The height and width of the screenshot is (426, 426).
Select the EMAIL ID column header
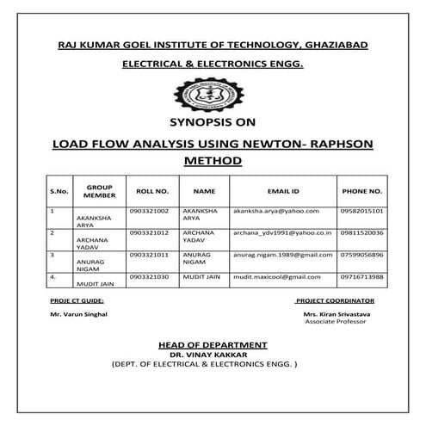[x=283, y=190]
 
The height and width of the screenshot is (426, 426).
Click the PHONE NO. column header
[x=362, y=190]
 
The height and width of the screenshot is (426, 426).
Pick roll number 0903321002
[x=149, y=211]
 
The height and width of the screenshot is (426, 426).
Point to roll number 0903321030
[x=149, y=276]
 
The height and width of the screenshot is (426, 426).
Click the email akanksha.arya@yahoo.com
[x=275, y=211]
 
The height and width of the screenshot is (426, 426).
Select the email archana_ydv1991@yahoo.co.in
[x=281, y=233]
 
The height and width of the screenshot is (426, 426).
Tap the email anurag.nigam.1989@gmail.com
[x=282, y=255]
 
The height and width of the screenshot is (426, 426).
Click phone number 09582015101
[x=363, y=211]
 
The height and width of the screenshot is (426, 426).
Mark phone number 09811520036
[x=363, y=233]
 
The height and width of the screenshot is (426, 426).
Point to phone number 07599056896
[x=363, y=255]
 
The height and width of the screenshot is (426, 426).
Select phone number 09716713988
[x=363, y=276]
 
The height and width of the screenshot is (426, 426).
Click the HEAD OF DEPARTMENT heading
[x=213, y=345]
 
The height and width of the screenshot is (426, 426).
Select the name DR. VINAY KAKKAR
[x=212, y=355]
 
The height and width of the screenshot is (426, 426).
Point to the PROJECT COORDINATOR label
[x=335, y=301]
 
